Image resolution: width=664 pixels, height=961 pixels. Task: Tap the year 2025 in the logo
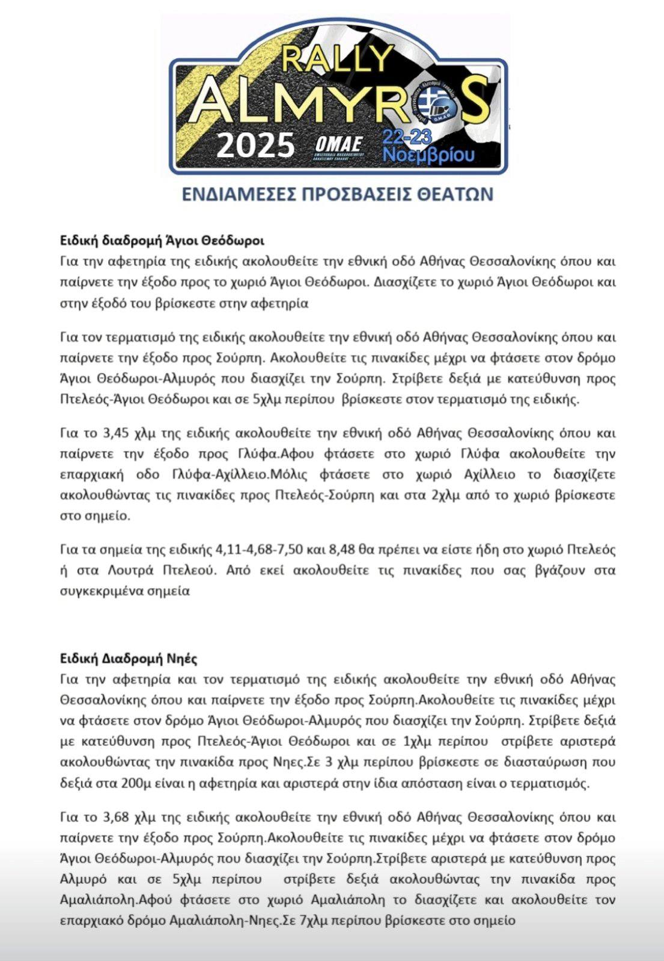click(255, 145)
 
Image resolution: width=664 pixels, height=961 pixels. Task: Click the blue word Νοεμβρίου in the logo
click(428, 155)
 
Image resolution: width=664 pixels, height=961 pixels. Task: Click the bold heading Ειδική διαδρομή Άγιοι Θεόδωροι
click(162, 241)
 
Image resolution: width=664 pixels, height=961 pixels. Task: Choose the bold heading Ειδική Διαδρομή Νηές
click(129, 658)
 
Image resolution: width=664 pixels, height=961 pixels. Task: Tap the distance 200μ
click(135, 783)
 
